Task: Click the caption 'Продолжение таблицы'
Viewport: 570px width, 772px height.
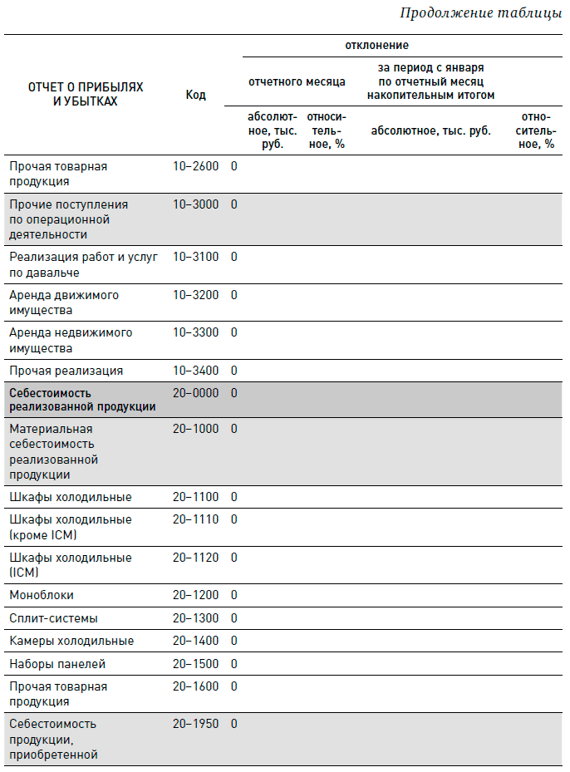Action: click(480, 13)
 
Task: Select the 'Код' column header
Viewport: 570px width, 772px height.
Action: click(195, 95)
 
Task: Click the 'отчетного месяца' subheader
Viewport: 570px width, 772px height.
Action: click(297, 81)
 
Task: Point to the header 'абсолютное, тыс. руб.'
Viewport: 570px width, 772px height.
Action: click(430, 130)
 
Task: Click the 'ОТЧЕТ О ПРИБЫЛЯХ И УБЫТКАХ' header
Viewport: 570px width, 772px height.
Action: click(85, 94)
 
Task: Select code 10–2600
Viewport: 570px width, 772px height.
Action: click(195, 166)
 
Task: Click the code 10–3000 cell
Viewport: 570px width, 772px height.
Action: click(195, 204)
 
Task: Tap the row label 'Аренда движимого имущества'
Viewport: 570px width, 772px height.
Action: click(64, 302)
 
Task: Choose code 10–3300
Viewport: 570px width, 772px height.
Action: click(195, 332)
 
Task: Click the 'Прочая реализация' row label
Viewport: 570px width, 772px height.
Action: click(66, 371)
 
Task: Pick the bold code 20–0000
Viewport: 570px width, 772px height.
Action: click(195, 392)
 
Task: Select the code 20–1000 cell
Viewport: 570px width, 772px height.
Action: click(195, 429)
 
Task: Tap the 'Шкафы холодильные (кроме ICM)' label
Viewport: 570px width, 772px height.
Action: click(70, 527)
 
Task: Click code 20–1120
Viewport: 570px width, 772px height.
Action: click(195, 558)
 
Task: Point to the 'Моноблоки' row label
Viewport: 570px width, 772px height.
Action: click(42, 595)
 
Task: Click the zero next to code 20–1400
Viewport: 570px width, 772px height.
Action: click(234, 641)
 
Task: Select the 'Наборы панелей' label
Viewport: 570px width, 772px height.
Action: click(57, 664)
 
